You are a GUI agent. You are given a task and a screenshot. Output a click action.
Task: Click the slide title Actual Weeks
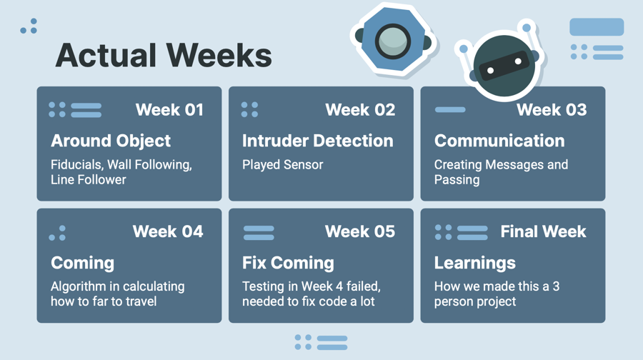pos(164,55)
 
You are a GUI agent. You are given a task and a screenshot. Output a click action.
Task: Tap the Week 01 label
pos(169,110)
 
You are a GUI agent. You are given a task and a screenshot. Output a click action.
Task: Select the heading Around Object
pos(111,141)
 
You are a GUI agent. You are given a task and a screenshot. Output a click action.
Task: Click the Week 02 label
pos(360,110)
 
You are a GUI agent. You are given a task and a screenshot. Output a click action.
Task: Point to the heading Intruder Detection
pos(317,141)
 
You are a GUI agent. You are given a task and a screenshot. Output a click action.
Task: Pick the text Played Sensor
pos(282,164)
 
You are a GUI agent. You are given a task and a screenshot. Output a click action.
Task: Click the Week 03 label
pos(552,110)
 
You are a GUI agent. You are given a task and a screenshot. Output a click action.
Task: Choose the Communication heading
pos(499,141)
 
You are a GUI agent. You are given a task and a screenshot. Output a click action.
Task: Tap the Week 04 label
pos(168,231)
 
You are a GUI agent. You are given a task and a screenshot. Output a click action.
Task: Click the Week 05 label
pos(360,231)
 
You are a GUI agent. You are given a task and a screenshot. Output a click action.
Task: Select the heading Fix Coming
pos(288,264)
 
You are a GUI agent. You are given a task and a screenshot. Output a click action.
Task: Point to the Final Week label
pos(544,231)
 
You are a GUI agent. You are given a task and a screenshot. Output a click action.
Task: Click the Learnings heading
pos(475,264)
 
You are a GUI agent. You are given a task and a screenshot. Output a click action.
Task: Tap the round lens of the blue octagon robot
pos(393,41)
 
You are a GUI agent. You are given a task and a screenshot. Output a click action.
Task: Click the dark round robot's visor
pos(504,66)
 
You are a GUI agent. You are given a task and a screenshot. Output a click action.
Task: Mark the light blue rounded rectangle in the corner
pos(597,26)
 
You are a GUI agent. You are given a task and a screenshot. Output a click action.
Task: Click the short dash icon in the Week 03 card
pos(450,109)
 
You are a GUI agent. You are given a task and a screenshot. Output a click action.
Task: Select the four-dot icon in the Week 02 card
pos(249,109)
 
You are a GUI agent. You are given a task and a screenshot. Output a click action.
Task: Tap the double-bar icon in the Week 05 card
pos(259,233)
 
